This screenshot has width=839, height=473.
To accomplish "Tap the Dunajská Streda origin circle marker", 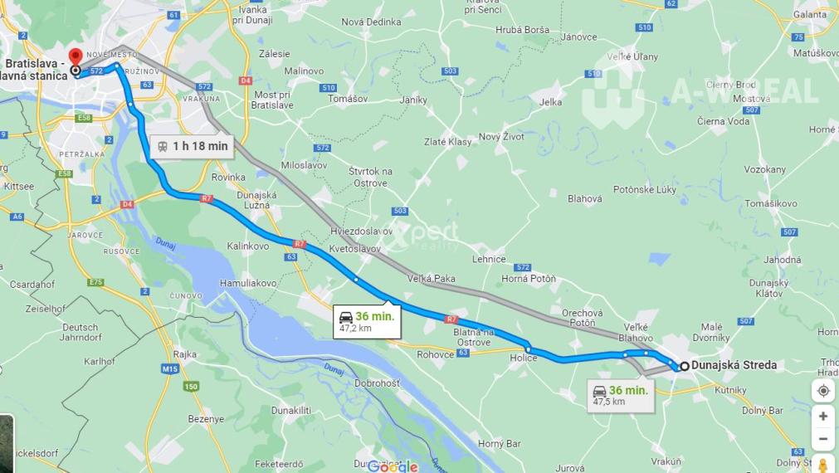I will click(x=685, y=366).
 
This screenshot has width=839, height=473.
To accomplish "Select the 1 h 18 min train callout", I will click(x=192, y=146).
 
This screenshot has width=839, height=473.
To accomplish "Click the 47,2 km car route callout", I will click(x=366, y=321).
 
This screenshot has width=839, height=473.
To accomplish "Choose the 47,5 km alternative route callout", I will click(x=620, y=395).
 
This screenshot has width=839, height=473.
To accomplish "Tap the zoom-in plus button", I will click(x=822, y=416).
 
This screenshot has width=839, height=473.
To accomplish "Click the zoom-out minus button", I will click(x=822, y=438).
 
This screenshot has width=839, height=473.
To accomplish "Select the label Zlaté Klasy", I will click(x=447, y=142).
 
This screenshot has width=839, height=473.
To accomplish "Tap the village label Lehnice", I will click(x=488, y=259).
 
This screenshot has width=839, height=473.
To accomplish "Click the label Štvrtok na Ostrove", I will click(x=370, y=177).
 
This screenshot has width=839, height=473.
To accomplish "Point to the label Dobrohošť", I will click(x=377, y=384).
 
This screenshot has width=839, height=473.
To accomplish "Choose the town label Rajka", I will click(x=185, y=354).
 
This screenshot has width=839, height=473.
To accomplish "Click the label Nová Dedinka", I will click(x=371, y=22).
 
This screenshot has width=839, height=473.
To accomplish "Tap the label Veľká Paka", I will click(x=432, y=279).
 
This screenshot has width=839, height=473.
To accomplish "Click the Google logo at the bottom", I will click(x=393, y=466).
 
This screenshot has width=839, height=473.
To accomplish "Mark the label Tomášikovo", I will click(x=770, y=203).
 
